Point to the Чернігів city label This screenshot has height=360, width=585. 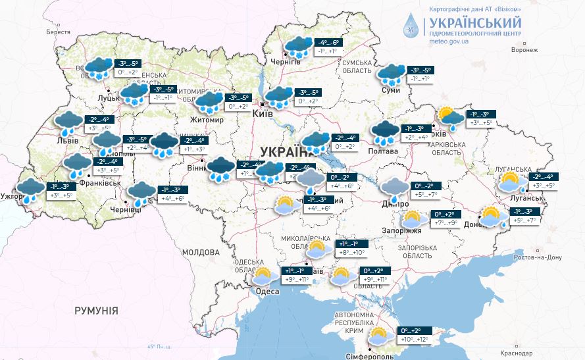[288, 62]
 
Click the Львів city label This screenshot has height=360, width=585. [68, 141]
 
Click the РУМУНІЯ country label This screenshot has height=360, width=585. [96, 310]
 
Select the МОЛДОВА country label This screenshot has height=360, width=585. [200, 252]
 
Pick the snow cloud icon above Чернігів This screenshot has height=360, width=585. [299, 47]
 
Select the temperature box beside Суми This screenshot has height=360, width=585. [420, 74]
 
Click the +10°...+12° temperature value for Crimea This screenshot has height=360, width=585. [414, 340]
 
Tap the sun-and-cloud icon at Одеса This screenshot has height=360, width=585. [264, 276]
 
